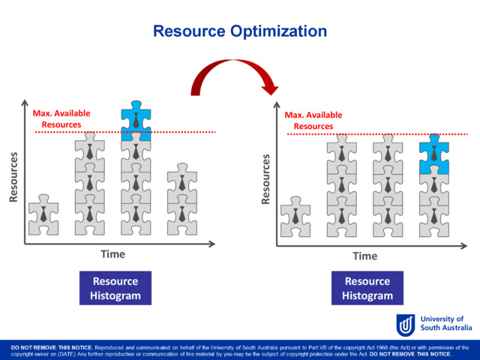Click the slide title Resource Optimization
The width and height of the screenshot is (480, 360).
240,31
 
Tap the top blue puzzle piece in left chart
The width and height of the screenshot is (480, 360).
136,113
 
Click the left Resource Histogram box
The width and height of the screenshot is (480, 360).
115,288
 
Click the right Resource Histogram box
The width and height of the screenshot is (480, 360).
367,288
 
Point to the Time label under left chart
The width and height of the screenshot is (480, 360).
113,254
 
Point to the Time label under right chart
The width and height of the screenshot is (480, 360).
365,256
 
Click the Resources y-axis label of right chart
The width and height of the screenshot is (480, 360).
265,179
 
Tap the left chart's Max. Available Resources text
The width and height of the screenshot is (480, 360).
61,118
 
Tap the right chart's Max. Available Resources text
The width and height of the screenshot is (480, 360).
313,120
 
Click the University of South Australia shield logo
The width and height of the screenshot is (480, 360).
406,325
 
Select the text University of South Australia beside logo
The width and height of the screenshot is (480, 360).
443,324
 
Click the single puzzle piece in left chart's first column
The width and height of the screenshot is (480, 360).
43,216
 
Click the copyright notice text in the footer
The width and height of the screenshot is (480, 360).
240,350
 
